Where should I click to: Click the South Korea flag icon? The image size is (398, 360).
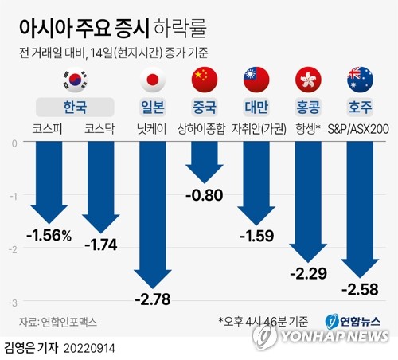coord(73,80)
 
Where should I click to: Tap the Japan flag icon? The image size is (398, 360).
coord(152,80)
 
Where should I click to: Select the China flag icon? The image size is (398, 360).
coord(205,80)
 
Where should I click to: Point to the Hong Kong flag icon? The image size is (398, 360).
coord(308,80)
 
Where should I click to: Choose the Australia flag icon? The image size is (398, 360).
coord(360,80)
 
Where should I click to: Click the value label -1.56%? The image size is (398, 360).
coord(49,235)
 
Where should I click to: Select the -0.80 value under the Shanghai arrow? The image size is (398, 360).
coord(205,195)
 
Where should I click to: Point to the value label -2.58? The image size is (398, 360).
coord(360,287)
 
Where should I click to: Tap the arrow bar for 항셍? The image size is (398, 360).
coord(308,199)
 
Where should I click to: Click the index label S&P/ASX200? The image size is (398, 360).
coord(360,126)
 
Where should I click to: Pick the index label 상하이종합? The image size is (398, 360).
coord(205,126)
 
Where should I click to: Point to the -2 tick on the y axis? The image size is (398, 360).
coord(14,249)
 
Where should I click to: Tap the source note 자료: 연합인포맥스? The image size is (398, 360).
coord(57,323)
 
